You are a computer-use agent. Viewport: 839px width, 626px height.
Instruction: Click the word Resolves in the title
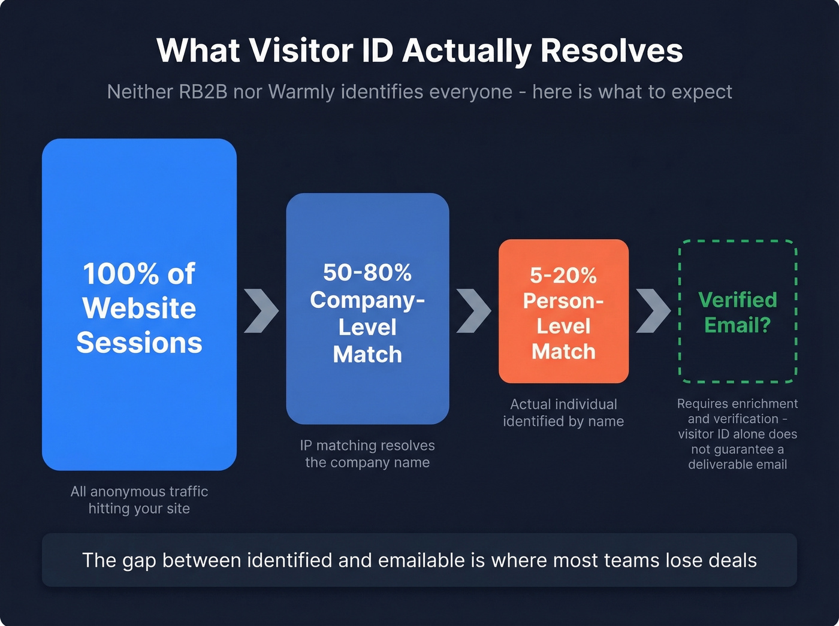click(x=611, y=51)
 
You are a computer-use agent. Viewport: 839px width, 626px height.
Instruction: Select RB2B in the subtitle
click(x=203, y=92)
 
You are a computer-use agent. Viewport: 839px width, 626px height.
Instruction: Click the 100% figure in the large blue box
click(x=120, y=274)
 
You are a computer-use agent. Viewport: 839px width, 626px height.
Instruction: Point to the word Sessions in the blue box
click(x=139, y=343)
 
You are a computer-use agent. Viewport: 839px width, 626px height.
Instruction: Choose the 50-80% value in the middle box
click(x=367, y=273)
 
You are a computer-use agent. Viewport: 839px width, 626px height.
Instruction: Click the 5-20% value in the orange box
click(x=563, y=276)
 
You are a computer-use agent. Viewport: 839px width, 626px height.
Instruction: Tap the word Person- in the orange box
click(x=563, y=301)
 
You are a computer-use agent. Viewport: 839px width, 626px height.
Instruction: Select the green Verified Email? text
click(x=738, y=312)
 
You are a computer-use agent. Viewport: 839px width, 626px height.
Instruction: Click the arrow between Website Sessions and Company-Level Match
click(x=261, y=311)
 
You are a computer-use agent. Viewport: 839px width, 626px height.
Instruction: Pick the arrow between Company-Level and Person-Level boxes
click(x=473, y=311)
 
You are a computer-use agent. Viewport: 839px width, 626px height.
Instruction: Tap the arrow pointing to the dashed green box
click(x=653, y=311)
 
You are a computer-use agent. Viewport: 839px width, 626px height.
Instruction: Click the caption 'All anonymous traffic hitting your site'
click(x=139, y=500)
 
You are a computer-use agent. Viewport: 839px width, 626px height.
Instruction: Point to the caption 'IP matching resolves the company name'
click(x=367, y=453)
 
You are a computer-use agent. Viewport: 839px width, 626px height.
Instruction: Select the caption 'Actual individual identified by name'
click(x=563, y=413)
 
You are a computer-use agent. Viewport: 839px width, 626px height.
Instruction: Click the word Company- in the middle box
click(x=367, y=300)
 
